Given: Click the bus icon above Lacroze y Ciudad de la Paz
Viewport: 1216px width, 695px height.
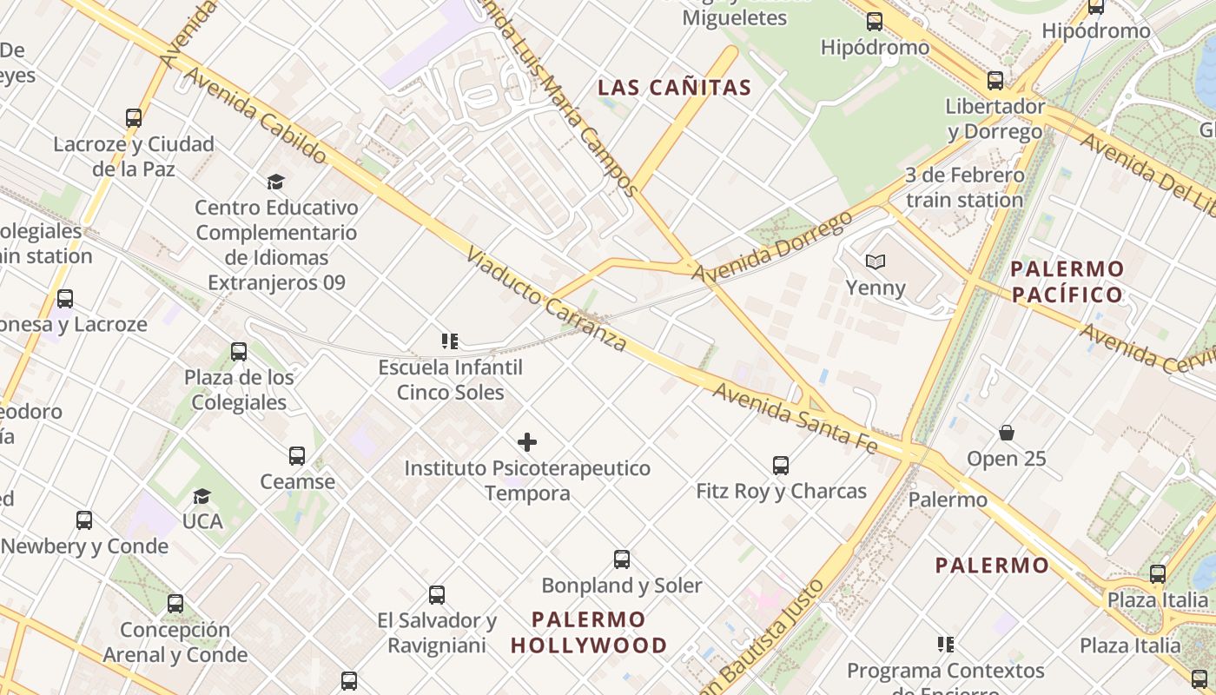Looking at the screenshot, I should pos(134,118).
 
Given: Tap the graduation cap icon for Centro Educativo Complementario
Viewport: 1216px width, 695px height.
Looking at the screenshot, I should pos(275,182).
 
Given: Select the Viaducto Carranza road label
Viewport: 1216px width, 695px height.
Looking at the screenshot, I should pos(545,300).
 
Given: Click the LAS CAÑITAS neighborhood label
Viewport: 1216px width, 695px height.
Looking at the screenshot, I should pos(674,88).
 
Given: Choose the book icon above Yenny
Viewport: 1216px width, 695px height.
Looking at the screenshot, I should pos(876,261).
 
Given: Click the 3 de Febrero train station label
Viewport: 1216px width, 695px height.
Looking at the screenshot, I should pos(964,188).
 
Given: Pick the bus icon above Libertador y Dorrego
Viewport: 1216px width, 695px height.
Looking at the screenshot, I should pos(995,81).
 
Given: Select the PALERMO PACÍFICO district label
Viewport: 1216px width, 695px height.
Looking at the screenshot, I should pos(1067,281).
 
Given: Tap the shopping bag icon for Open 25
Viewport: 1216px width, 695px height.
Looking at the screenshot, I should pos(1007,433).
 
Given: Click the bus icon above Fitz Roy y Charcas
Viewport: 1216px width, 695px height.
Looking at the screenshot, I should pos(781,466).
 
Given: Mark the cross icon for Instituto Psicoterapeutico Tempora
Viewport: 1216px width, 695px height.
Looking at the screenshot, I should pos(527,442).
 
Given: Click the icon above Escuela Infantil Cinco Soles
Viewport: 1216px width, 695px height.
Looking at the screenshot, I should pos(449,341).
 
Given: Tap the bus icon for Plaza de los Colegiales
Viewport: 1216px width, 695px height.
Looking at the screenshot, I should pos(239,352).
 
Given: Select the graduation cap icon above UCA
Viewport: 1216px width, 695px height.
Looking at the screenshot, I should pos(202,496).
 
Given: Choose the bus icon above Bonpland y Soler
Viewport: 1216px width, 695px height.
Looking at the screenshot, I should pos(622,559).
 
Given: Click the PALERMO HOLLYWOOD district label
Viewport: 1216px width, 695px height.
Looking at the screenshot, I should pos(589,632).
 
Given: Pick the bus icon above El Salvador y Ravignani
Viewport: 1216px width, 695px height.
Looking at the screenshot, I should pos(437,595).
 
